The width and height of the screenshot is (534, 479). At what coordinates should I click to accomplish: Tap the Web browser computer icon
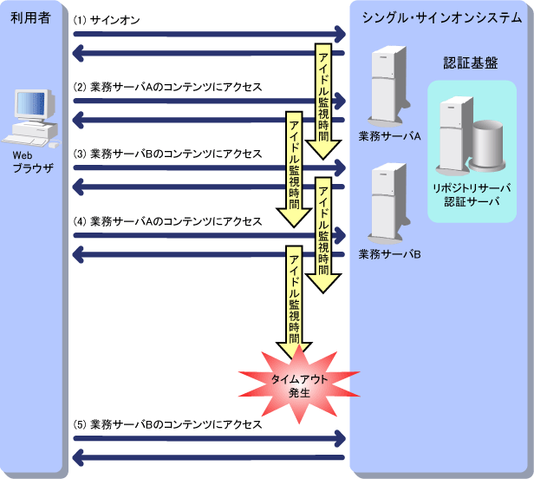coord(28,117)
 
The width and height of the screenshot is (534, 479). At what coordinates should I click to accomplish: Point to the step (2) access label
coord(167,88)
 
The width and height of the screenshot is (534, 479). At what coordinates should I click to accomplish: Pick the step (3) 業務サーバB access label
coord(167,154)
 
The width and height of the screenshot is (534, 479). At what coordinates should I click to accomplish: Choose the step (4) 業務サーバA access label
coord(167,221)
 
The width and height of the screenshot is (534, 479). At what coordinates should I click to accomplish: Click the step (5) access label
coord(167,425)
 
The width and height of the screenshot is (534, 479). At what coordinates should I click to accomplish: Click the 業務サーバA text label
coord(389,136)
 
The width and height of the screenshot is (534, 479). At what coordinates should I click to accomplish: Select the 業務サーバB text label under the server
coord(389,254)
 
